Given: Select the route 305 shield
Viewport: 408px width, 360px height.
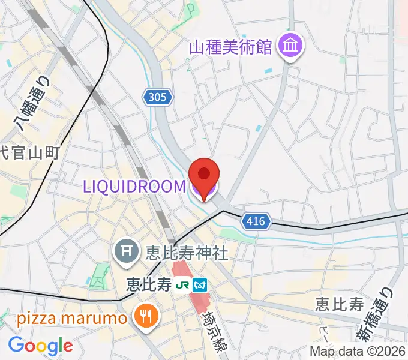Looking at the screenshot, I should (x=158, y=96).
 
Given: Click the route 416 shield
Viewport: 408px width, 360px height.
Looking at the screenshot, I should (x=255, y=222).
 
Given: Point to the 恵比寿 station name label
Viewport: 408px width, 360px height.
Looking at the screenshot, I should (x=151, y=284).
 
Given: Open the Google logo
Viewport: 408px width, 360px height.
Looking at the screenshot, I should (x=40, y=346).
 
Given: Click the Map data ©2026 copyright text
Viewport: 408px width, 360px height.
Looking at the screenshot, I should (x=357, y=351).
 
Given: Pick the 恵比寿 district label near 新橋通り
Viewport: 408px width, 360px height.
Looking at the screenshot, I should (x=340, y=304).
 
